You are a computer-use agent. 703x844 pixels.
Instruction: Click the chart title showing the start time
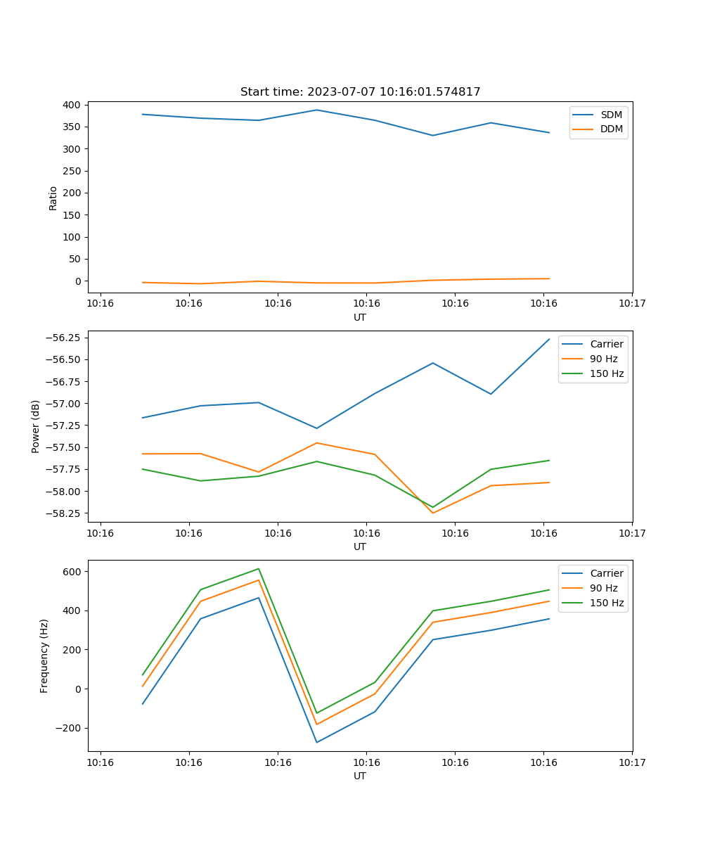360,92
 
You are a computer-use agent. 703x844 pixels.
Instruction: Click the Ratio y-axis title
53,198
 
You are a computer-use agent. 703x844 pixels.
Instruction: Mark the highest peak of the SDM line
316,110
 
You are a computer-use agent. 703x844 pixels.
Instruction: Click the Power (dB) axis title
36,426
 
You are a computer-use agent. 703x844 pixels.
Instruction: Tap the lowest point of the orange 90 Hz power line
432,513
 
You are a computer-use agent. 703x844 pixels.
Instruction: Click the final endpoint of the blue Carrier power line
549,339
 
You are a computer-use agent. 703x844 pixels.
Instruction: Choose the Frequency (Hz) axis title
44,656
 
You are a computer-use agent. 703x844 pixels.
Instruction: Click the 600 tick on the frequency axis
73,572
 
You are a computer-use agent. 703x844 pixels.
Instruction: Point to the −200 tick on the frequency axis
70,729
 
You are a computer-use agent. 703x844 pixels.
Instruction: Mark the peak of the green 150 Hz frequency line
259,568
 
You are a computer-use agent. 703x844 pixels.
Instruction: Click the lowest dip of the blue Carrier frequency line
316,742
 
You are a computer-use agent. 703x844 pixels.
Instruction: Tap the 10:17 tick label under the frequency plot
632,762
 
